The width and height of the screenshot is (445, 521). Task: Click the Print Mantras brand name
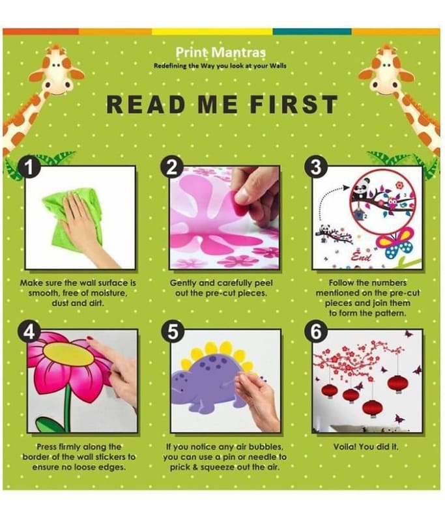[220, 52]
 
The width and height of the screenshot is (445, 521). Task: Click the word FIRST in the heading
[294, 104]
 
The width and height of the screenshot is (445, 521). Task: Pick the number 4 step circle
[29, 331]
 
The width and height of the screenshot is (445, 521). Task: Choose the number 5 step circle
[171, 331]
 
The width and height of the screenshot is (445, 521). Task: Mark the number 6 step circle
[316, 331]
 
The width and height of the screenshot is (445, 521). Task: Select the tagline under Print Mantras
[220, 66]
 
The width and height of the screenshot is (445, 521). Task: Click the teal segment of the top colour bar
[312, 31]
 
